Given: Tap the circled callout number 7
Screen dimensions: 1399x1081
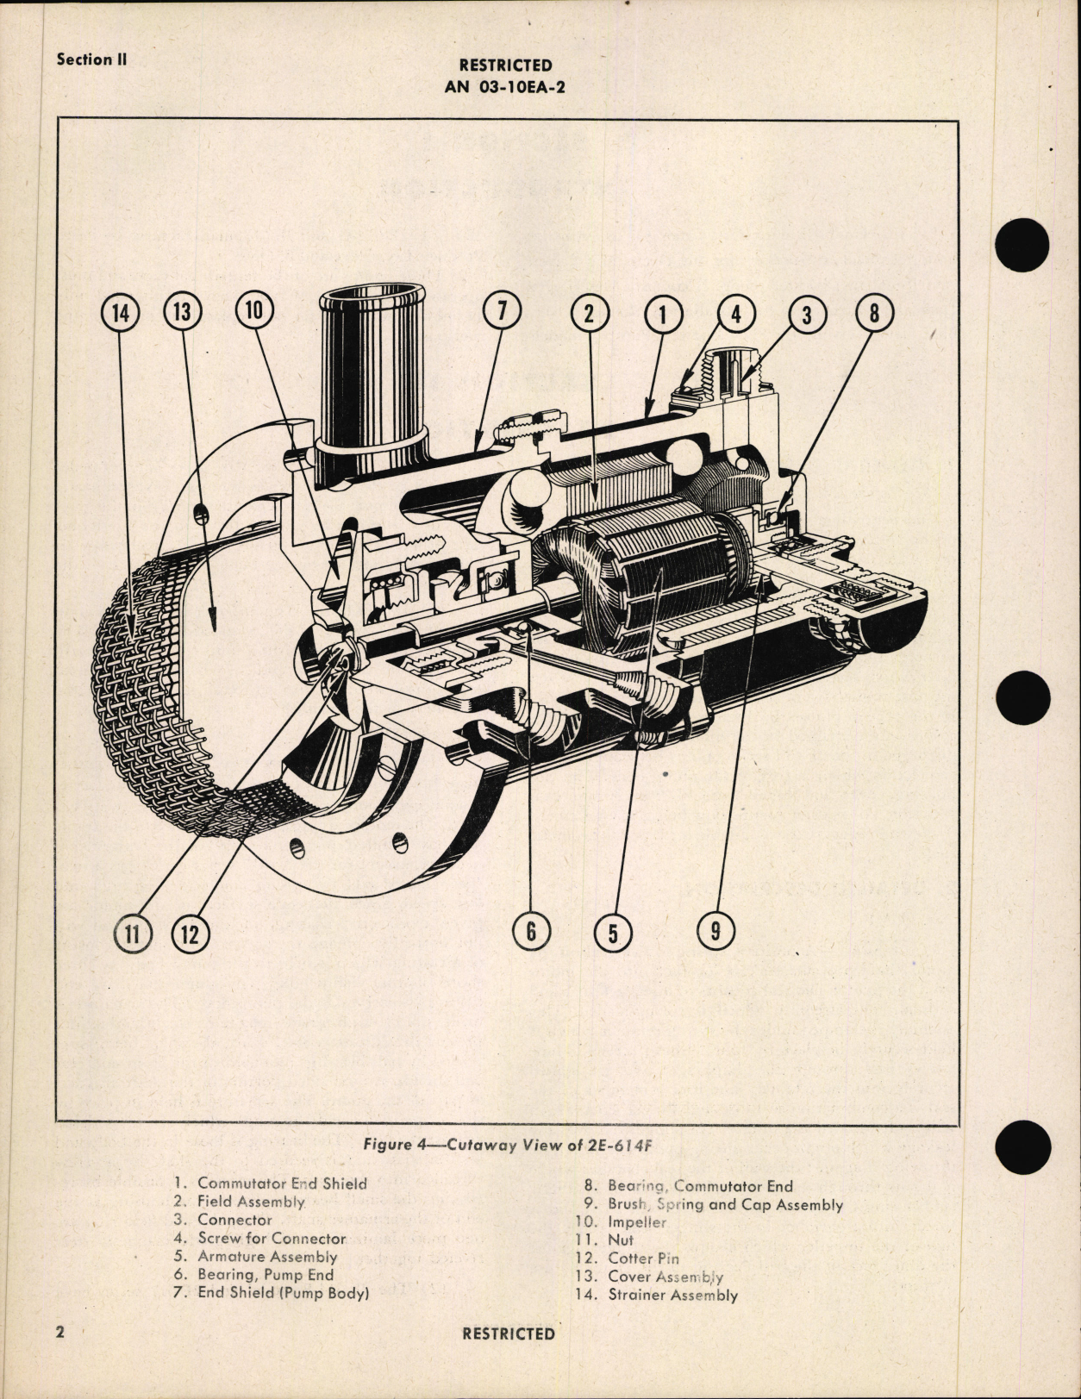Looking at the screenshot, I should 503,311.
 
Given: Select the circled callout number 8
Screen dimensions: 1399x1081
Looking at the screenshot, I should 874,312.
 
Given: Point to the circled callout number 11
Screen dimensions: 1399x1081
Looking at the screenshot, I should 133,934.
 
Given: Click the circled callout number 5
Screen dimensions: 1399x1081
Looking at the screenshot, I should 613,933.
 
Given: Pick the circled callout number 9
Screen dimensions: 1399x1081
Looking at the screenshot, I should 715,930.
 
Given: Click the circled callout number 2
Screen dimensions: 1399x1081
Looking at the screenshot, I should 590,313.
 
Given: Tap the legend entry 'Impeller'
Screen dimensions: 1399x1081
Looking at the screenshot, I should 636,1222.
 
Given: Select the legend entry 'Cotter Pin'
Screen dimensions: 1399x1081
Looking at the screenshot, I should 643,1258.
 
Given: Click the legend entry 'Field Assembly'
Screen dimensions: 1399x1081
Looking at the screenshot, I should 251,1202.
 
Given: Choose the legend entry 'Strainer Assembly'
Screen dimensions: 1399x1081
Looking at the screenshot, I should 672,1295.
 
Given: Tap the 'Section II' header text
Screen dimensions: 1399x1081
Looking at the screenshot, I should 91,59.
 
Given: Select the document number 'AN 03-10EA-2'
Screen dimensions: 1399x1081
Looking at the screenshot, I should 505,86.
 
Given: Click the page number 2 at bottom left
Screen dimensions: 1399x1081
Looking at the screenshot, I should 60,1332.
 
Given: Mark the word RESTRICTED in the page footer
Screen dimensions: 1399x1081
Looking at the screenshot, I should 509,1333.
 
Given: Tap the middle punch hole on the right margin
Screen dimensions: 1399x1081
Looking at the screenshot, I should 1023,697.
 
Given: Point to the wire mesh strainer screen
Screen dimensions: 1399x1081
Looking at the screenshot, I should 138,690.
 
